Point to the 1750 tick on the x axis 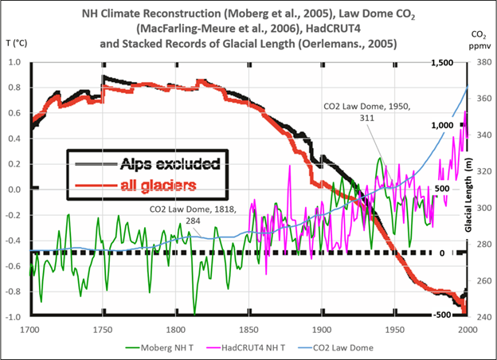coord(102,327)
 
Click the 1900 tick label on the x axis coord(321,327)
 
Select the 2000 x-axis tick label coord(466,327)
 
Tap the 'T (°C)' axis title coord(17,41)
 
